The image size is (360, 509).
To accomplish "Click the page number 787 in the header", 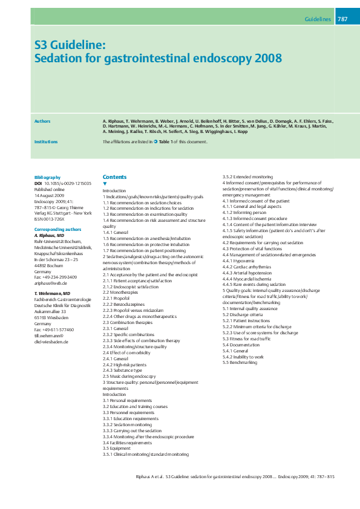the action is [x=342, y=19].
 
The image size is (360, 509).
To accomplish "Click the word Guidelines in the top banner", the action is [x=318, y=19].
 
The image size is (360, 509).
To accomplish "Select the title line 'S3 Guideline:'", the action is [x=70, y=45].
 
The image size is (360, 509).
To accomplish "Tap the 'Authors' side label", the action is [x=42, y=122].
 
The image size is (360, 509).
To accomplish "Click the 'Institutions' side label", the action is [x=46, y=141].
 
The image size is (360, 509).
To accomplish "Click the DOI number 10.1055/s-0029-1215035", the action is [x=68, y=183].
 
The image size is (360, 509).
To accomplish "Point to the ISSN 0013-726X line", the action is [x=54, y=219].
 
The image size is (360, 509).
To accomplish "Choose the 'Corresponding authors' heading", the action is [x=57, y=230].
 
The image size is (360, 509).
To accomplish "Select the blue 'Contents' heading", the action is [x=114, y=177].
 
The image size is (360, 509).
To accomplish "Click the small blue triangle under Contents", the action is [x=105, y=183].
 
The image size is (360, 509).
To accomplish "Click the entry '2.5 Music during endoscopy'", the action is [x=129, y=375].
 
